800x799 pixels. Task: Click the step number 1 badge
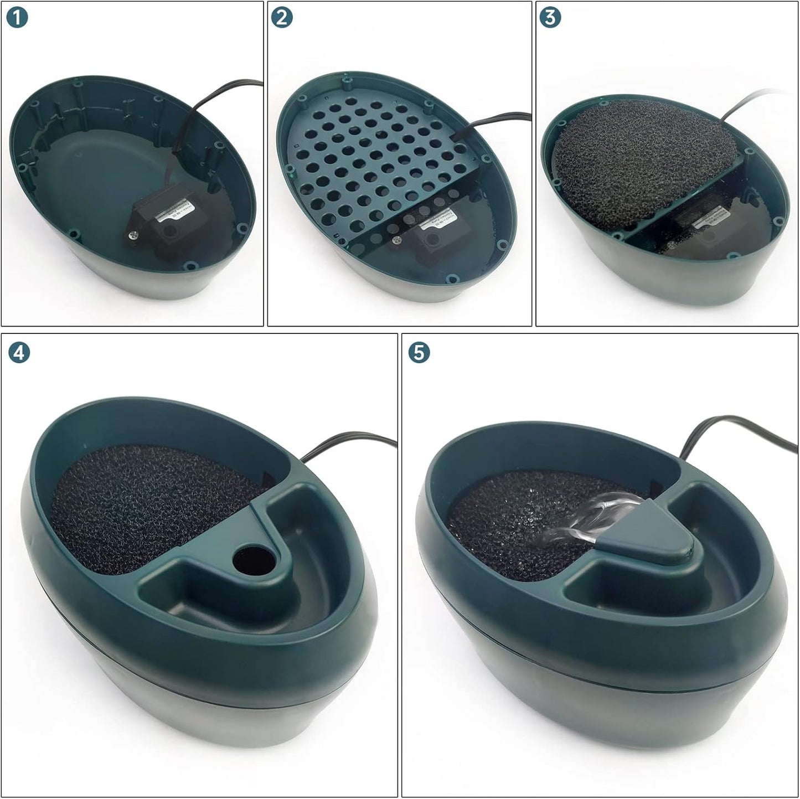point(18,18)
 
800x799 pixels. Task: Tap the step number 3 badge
point(550,17)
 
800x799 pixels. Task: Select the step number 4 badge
point(19,353)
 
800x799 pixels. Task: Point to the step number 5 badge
point(419,353)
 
